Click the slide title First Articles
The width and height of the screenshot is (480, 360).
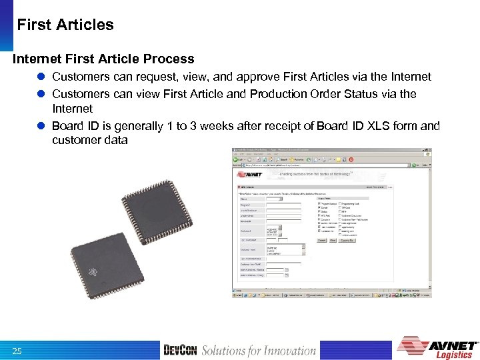pyautogui.click(x=65, y=25)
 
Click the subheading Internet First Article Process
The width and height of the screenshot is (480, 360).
pyautogui.click(x=103, y=59)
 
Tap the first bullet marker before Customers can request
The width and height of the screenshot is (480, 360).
pyautogui.click(x=42, y=77)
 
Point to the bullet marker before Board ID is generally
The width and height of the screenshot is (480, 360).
pyautogui.click(x=42, y=126)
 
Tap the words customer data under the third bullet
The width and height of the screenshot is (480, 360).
pyautogui.click(x=89, y=141)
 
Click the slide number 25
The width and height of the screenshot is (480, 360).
pyautogui.click(x=17, y=351)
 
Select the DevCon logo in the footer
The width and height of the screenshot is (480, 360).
pyautogui.click(x=180, y=351)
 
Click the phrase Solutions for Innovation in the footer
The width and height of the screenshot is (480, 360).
pyautogui.click(x=259, y=351)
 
